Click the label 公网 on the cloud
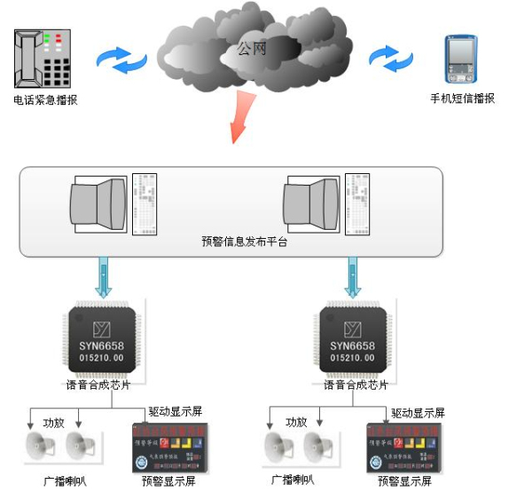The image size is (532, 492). [x=252, y=49]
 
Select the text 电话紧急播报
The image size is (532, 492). [x=45, y=99]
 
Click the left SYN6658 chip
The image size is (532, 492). [x=105, y=340]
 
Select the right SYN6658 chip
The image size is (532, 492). [x=353, y=340]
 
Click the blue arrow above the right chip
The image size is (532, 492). [x=353, y=276]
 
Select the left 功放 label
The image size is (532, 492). [x=54, y=422]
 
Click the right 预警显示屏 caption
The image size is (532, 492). [x=404, y=481]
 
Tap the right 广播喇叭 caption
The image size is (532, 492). [x=293, y=480]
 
